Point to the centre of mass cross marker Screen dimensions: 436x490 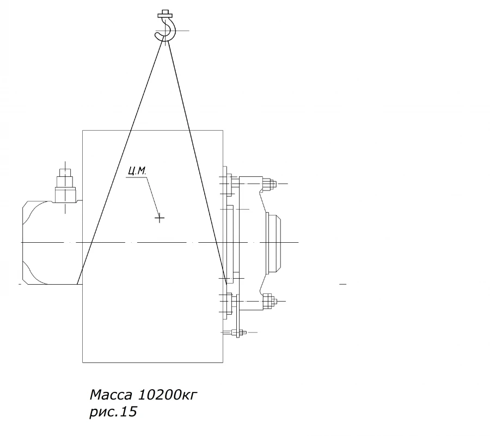(160, 218)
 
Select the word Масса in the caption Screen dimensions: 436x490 (111, 394)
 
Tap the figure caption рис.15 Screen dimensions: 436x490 (113, 413)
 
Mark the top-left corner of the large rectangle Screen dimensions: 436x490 (83, 131)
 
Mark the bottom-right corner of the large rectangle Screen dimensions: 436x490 (223, 362)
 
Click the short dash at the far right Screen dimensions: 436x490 (342, 284)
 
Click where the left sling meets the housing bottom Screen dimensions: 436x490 (77, 284)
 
